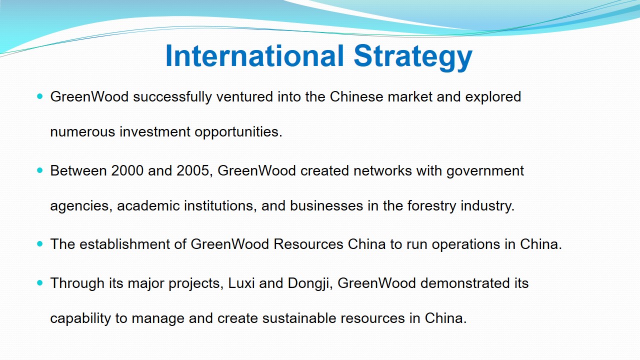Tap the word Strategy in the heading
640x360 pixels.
(413, 57)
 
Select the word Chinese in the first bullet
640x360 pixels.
(356, 96)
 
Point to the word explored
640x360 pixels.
(493, 97)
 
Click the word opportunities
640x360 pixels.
(238, 132)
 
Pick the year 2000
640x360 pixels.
(127, 170)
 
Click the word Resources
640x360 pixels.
(308, 244)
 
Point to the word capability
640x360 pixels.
(80, 319)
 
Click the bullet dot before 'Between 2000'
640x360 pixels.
(40, 170)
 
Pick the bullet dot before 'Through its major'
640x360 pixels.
(40, 283)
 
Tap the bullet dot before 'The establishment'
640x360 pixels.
(40, 244)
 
